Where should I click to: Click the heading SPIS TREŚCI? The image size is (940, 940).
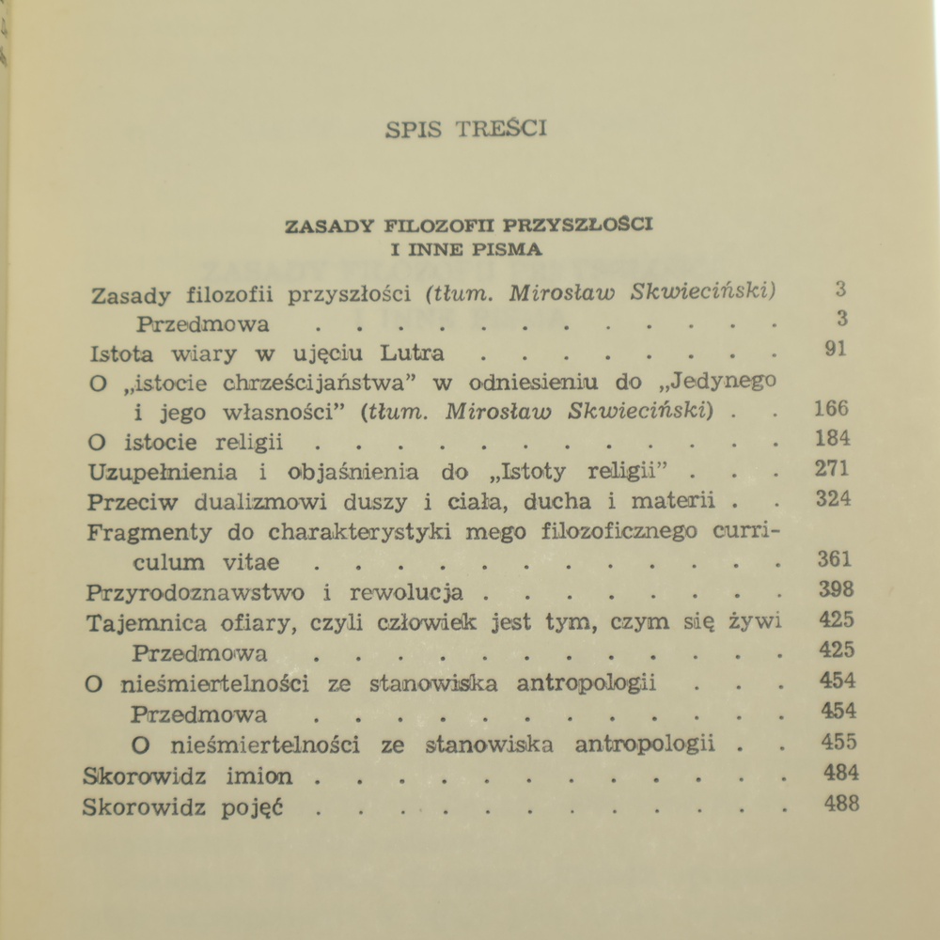tap(465, 130)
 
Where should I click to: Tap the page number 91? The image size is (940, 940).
tap(833, 350)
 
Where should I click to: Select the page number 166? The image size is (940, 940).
tap(832, 409)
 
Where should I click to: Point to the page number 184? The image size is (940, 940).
tap(833, 439)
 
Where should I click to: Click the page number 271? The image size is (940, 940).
tap(833, 469)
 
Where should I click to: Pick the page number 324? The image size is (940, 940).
tap(834, 499)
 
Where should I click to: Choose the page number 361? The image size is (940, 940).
tap(834, 559)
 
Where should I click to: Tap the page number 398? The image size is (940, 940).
tap(835, 589)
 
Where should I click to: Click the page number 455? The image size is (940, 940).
tap(838, 742)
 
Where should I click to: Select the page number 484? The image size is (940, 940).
tap(839, 773)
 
